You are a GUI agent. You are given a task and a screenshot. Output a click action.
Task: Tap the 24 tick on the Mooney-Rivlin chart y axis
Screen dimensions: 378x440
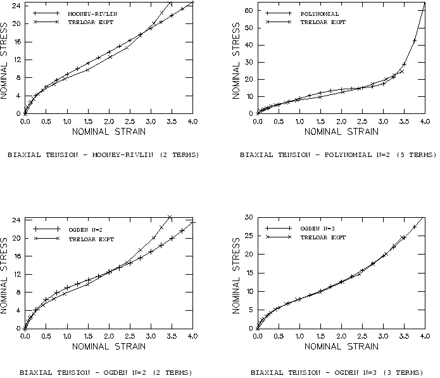point(16,6)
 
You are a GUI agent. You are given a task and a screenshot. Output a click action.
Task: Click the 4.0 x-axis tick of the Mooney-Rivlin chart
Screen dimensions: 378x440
point(192,121)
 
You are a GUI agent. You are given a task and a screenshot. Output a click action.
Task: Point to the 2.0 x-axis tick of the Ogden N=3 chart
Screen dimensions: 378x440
point(341,337)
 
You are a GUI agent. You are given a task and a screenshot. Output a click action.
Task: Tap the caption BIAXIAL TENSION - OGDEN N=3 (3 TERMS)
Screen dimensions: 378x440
point(336,372)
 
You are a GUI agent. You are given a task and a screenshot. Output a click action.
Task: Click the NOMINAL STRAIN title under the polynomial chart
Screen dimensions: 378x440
point(341,132)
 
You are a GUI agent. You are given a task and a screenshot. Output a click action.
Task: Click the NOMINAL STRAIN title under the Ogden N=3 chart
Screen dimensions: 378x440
point(341,347)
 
